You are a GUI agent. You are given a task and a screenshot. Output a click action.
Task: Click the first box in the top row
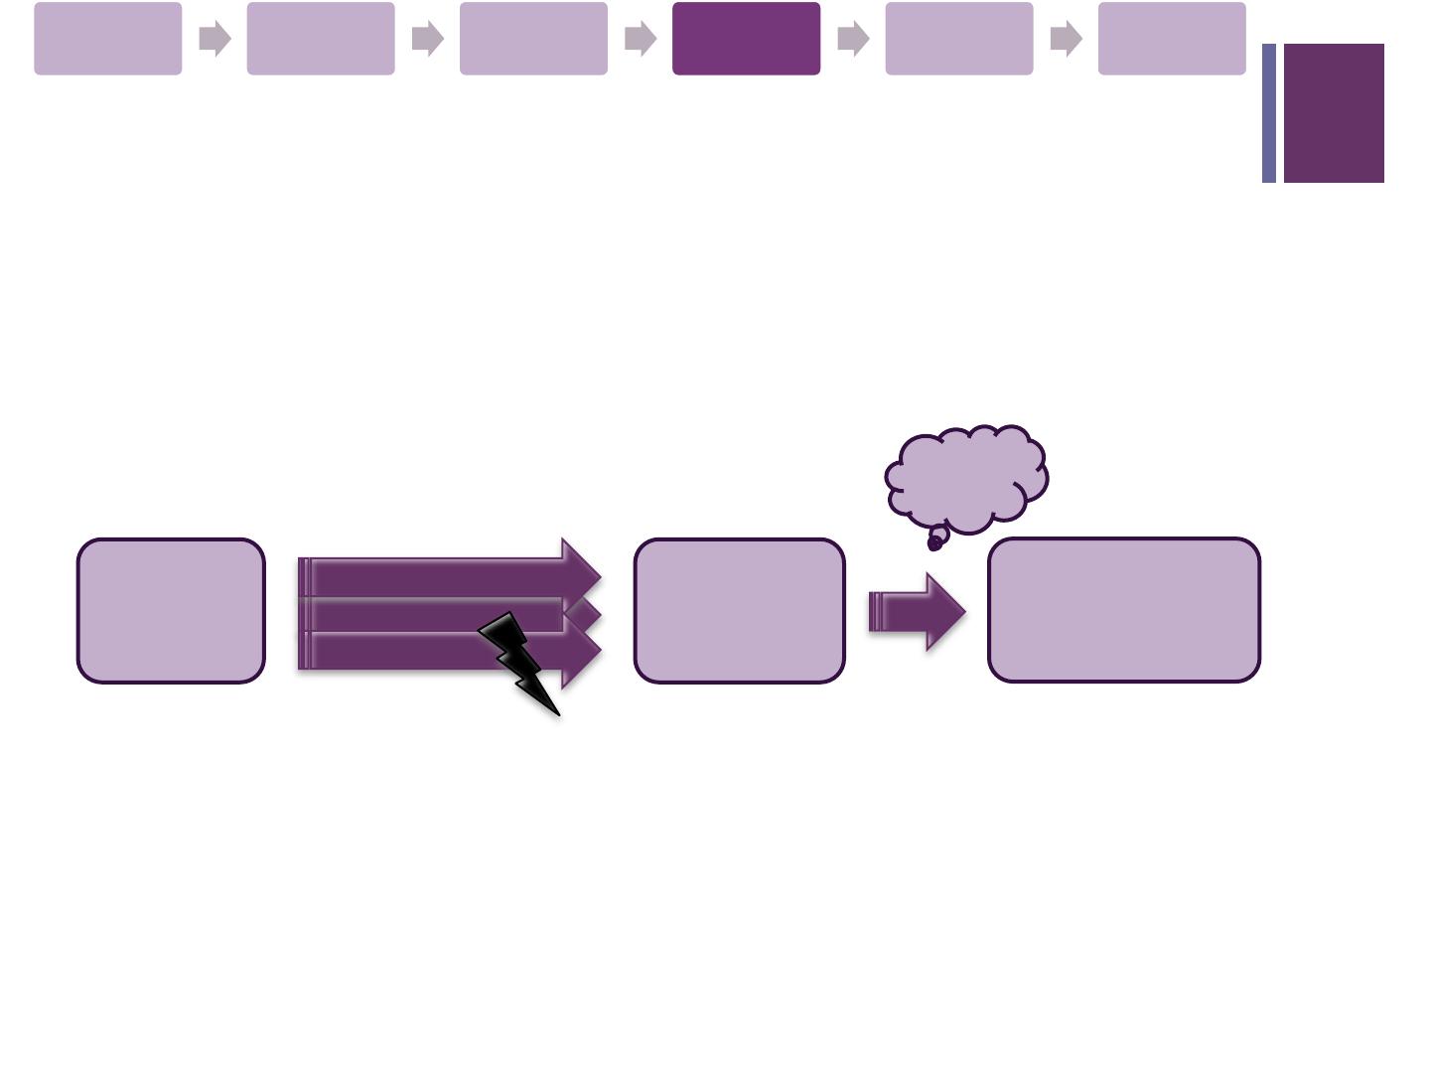108,39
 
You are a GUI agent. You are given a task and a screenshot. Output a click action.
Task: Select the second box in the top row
321,39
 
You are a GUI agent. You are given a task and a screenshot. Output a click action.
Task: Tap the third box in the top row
533,39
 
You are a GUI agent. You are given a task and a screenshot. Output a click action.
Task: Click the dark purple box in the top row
746,39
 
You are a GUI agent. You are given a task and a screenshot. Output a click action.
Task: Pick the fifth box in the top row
958,39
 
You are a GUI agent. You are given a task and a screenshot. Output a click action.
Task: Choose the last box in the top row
1172,39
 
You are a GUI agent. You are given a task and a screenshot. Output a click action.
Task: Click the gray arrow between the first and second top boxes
214,39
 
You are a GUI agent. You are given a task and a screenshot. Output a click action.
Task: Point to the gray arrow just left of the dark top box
641,39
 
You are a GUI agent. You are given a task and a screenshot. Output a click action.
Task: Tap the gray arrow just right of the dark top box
853,39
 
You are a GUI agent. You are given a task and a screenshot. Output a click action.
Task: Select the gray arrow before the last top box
1066,39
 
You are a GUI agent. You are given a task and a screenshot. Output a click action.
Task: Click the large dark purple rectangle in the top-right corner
1334,113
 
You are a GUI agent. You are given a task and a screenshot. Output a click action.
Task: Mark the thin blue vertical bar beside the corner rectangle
1268,113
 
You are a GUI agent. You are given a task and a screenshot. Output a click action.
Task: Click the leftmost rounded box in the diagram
171,611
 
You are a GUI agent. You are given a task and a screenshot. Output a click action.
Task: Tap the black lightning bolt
519,660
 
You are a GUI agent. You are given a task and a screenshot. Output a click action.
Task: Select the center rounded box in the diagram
740,611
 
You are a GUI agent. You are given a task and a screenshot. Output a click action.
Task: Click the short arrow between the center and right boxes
917,611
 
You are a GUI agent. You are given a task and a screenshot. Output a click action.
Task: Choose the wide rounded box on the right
1124,610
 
